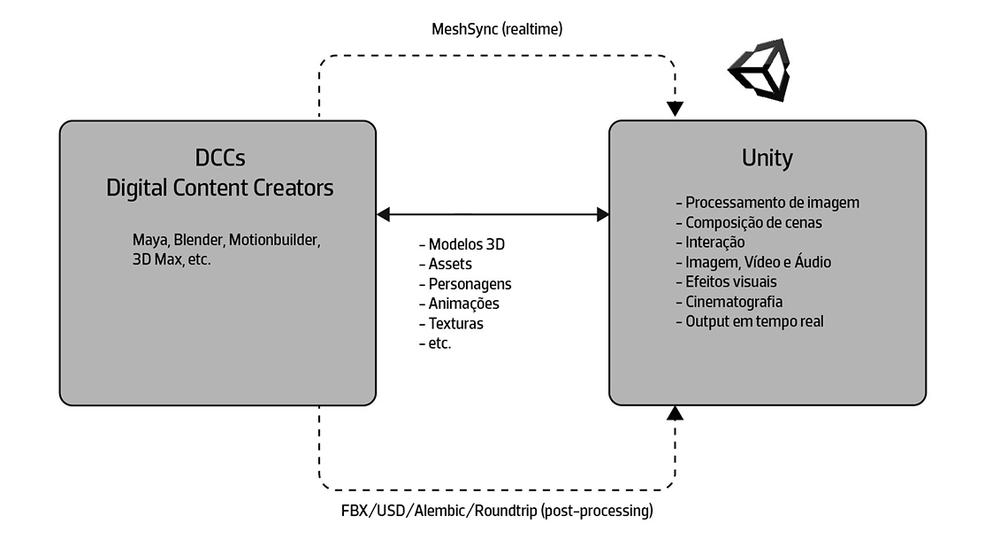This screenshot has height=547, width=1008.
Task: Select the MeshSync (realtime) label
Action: [x=497, y=28]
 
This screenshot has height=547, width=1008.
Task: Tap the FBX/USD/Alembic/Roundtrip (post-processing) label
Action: [x=497, y=511]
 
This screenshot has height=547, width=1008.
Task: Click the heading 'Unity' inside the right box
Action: [x=767, y=158]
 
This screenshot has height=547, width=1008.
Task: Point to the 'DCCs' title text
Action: [x=220, y=158]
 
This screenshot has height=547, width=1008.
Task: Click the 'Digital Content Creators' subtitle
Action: [x=220, y=188]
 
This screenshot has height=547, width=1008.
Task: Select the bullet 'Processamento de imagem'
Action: [x=767, y=203]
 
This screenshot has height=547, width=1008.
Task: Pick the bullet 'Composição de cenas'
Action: [x=749, y=222]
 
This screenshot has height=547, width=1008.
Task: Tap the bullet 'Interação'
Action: [x=711, y=243]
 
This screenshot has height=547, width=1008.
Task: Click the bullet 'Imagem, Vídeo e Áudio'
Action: [x=753, y=262]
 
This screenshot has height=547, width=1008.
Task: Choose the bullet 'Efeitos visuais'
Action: [x=727, y=281]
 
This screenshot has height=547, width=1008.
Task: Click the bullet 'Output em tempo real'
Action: [x=750, y=321]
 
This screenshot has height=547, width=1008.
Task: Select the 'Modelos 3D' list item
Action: [x=462, y=244]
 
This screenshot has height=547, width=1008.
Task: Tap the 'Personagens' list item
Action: [x=465, y=284]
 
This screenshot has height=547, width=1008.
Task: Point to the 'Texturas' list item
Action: [x=451, y=323]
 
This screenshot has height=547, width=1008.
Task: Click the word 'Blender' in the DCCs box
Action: [x=199, y=240]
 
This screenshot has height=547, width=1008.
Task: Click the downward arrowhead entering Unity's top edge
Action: [x=676, y=110]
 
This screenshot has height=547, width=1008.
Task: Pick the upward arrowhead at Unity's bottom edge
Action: [x=676, y=412]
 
